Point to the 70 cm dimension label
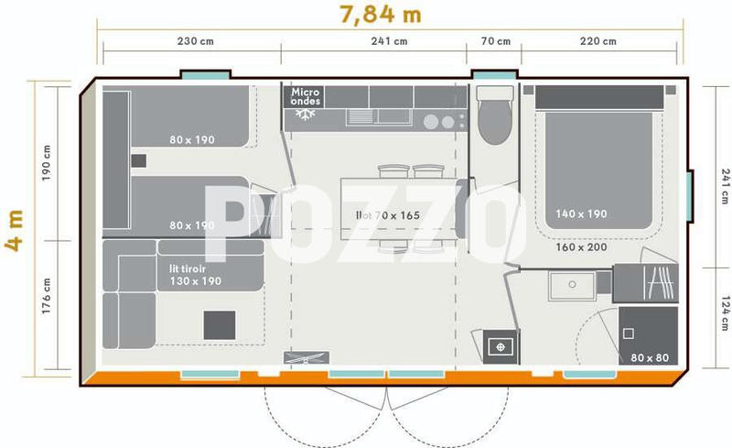tap(494, 40)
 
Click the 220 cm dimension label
tap(598, 40)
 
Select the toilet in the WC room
tap(494, 118)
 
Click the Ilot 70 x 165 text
tap(387, 215)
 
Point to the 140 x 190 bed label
tap(581, 214)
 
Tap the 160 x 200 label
tap(580, 247)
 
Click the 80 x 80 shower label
tap(648, 357)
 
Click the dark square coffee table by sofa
tap(219, 324)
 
